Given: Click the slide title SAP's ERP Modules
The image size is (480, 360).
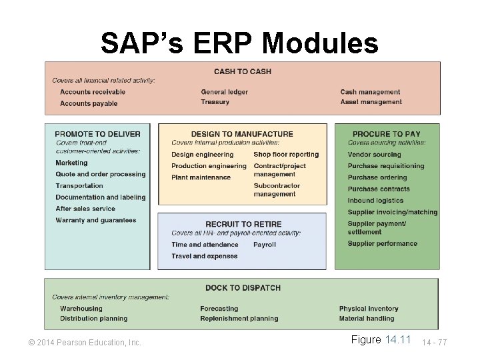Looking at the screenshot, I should tap(239, 43).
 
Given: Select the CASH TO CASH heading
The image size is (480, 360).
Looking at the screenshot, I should tap(242, 71).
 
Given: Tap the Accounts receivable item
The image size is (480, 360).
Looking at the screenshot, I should tap(93, 92).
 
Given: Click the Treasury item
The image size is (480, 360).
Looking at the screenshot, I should tap(215, 102).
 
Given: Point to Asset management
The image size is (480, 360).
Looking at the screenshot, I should tap(371, 102).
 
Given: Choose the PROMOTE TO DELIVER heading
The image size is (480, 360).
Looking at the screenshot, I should tap(97, 134).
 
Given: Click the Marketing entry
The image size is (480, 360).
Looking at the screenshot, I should tap(71, 163).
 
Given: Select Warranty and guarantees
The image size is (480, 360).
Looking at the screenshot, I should tap(96, 220).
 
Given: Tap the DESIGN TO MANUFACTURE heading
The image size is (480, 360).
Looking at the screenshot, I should tap(242, 134).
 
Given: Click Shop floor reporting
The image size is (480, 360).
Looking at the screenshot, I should tap(286, 155).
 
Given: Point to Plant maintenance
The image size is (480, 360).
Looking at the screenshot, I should tap(201, 177).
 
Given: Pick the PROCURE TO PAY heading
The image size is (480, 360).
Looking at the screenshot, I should tap(387, 134).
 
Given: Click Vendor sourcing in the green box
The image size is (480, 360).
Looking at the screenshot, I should tap(374, 155).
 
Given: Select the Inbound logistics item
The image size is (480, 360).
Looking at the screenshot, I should tap(375, 201).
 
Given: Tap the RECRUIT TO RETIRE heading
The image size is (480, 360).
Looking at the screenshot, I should tap(243, 225).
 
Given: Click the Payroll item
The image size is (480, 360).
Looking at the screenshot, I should tap(264, 245).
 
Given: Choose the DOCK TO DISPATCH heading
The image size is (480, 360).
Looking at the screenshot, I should tap(243, 288).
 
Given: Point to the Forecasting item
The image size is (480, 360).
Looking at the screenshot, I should tap(219, 309).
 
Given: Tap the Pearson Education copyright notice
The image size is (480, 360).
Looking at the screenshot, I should tap(85, 343).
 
